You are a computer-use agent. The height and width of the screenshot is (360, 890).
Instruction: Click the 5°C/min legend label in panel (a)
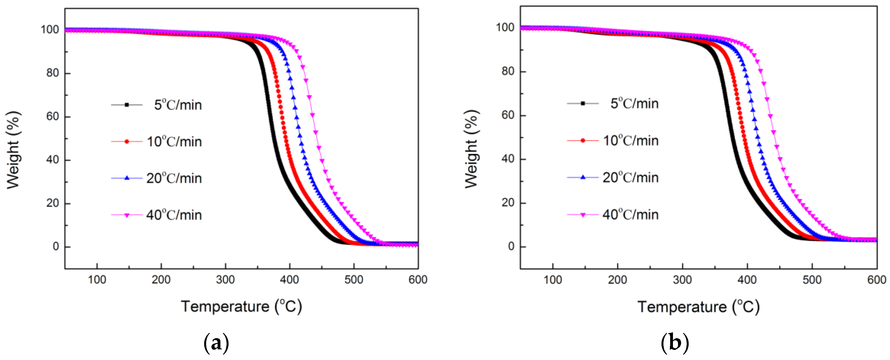[178, 105]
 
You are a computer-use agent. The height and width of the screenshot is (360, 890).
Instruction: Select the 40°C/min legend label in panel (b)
[630, 214]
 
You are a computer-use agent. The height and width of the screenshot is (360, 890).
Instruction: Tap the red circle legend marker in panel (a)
[127, 141]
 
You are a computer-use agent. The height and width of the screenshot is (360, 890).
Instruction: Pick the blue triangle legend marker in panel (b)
[583, 177]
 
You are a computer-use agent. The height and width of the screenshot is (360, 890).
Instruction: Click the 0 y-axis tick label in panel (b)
[511, 246]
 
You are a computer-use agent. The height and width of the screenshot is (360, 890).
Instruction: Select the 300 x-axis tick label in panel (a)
[225, 279]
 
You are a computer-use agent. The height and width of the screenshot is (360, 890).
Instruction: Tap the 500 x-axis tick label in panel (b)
[812, 279]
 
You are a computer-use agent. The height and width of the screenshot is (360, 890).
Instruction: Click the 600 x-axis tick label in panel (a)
[418, 279]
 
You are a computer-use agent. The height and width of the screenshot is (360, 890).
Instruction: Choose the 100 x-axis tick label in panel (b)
[553, 279]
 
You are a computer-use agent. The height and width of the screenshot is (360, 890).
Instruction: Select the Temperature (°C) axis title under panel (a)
[241, 306]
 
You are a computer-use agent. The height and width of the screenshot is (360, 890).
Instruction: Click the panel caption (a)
[216, 343]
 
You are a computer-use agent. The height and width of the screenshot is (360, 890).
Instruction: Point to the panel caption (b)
[674, 343]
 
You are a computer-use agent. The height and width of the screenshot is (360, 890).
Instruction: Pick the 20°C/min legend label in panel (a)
[174, 178]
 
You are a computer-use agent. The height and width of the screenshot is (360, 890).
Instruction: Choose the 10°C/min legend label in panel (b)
[630, 141]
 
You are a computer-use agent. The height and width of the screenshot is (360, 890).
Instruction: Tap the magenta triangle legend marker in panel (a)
[127, 215]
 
